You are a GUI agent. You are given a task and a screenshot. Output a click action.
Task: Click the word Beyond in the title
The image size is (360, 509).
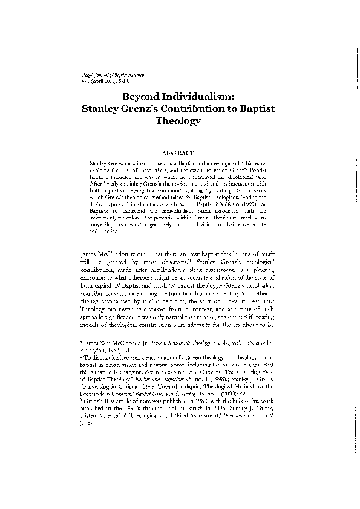coord(142,96)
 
